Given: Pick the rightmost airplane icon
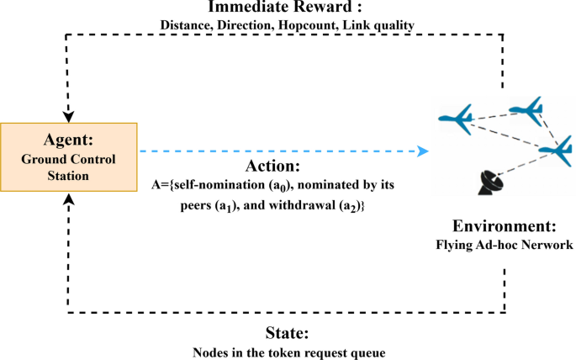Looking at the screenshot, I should point(554,151).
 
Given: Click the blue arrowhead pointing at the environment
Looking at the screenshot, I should point(422,151).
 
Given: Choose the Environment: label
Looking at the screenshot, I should point(504,227).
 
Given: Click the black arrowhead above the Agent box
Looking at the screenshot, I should point(68,114).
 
